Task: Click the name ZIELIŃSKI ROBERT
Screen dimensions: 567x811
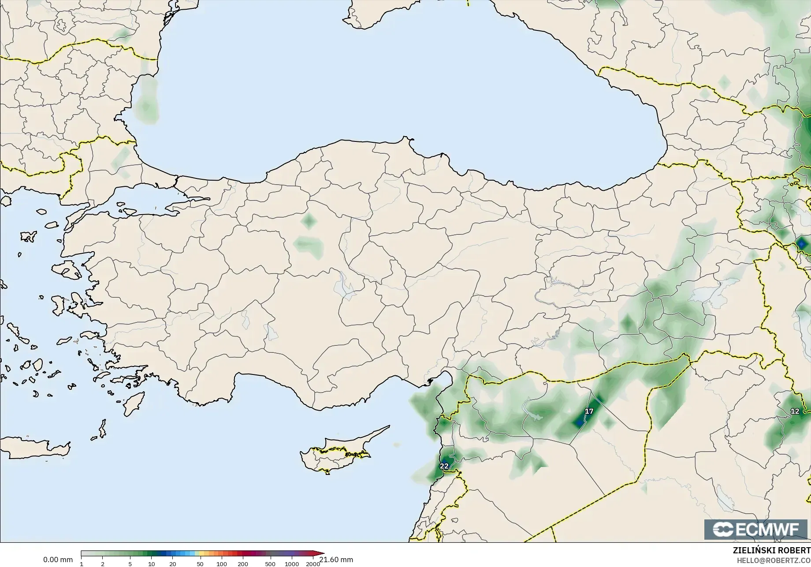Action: tap(771, 551)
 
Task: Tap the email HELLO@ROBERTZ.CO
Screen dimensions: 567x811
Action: tap(771, 560)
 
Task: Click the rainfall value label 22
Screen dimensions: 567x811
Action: tap(444, 466)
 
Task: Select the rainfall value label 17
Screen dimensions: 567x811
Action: tap(589, 411)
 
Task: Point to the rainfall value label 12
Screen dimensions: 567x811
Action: tap(795, 411)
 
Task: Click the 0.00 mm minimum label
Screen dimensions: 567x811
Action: tap(58, 560)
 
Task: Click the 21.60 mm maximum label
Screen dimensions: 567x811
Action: tap(336, 560)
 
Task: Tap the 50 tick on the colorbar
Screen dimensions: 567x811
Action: tap(200, 563)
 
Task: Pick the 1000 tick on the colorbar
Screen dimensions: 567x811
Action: tap(292, 563)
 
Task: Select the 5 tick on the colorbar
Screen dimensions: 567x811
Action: tap(130, 563)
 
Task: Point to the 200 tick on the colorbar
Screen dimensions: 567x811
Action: tap(243, 563)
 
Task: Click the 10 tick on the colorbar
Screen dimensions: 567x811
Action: tap(151, 563)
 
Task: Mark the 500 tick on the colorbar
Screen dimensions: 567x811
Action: tap(270, 563)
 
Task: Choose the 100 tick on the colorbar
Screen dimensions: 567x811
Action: tap(222, 563)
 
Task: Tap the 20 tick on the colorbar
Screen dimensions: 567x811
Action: tap(173, 563)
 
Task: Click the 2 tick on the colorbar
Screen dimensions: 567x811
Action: tap(103, 563)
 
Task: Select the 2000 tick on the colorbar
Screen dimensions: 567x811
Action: tap(313, 563)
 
